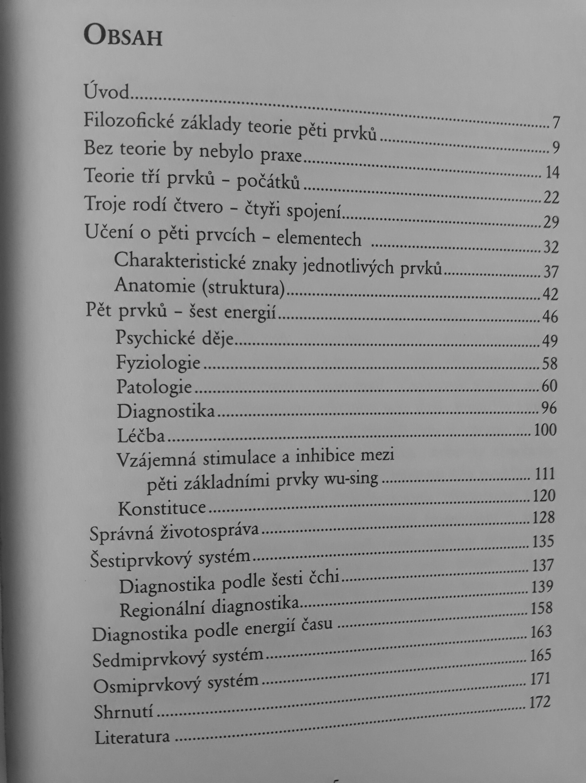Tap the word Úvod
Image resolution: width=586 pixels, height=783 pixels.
click(106, 93)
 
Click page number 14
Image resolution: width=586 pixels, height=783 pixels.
click(551, 173)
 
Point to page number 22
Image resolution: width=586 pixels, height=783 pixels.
click(551, 198)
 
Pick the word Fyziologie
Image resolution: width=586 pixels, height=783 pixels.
click(158, 363)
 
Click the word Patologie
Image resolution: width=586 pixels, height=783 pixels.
click(154, 387)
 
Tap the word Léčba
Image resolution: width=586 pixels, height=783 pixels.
click(141, 436)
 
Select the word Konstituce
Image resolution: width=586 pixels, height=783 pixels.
click(162, 508)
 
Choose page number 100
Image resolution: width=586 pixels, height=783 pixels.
click(544, 430)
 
